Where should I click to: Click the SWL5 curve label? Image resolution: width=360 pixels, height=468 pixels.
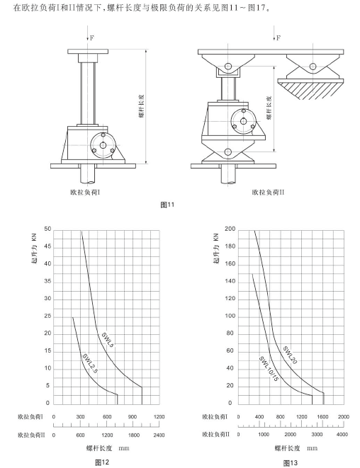tap(108, 340)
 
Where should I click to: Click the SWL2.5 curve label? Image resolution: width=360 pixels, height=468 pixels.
tap(90, 363)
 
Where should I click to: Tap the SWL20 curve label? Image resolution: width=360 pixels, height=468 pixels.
tap(290, 355)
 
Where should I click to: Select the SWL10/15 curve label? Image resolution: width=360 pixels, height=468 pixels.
tap(269, 369)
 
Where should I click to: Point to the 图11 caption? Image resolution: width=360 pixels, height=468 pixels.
tap(167, 205)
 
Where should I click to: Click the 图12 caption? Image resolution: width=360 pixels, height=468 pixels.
tap(102, 462)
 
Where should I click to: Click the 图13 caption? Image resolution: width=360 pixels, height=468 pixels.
tap(291, 463)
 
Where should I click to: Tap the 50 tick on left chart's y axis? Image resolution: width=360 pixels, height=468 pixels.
tap(47, 229)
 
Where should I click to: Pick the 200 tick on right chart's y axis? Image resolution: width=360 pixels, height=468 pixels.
tap(230, 229)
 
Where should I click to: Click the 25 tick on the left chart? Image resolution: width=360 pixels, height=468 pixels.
tap(47, 316)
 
